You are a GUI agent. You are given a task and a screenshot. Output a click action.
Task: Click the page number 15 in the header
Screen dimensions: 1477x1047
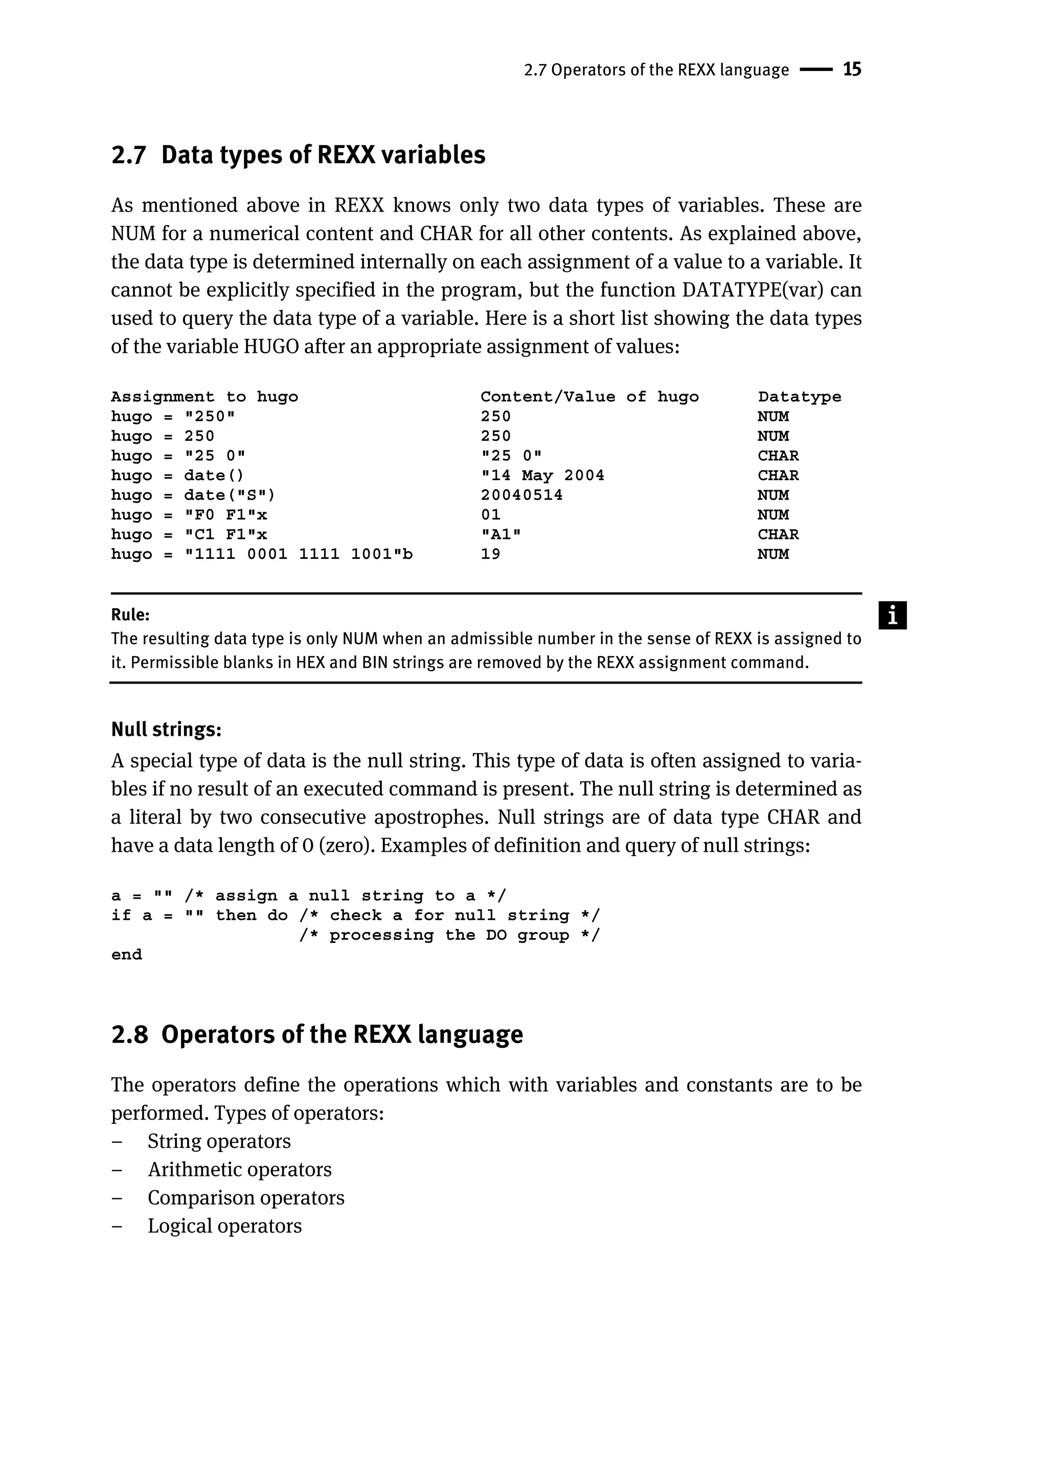coord(852,70)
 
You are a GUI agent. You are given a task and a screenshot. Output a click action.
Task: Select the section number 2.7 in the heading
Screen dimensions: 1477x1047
coord(128,155)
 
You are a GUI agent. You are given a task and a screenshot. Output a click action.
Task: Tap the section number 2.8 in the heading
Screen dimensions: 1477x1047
coord(129,1035)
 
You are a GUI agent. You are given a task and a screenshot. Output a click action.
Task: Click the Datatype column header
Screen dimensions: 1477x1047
coord(800,397)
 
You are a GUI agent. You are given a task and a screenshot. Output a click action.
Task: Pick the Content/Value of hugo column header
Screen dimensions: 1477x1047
coord(589,397)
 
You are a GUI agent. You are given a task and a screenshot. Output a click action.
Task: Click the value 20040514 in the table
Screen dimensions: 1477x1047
coord(521,495)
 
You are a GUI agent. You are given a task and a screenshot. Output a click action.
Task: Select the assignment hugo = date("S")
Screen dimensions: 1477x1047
coord(193,495)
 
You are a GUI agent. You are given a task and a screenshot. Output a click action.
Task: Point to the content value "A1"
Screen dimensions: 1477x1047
coord(501,534)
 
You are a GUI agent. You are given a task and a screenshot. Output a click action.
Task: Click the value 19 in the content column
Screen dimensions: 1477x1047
coord(491,554)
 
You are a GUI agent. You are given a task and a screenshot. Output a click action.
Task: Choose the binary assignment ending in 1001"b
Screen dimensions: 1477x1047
coord(262,554)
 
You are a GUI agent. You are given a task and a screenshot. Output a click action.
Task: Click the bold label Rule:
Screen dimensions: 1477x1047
coord(130,615)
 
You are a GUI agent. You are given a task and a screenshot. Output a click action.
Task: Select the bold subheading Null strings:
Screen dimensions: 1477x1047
coord(166,730)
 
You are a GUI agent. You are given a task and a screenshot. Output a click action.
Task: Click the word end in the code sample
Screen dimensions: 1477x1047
coord(126,955)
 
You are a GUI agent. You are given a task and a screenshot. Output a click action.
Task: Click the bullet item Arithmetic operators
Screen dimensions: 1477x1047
coord(239,1169)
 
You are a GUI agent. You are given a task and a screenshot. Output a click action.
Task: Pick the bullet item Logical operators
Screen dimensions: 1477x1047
coord(224,1225)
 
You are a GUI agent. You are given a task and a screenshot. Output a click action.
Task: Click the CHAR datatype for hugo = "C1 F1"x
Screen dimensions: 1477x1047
coord(778,534)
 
